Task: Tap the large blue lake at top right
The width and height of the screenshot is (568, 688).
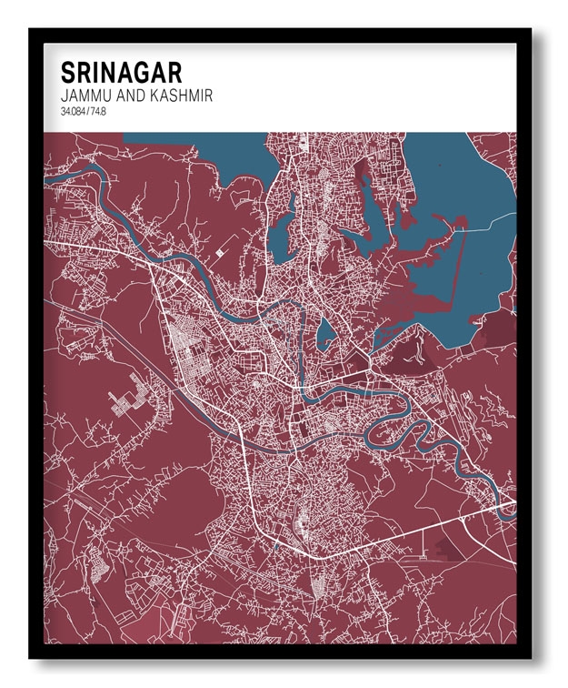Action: click(473, 182)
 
